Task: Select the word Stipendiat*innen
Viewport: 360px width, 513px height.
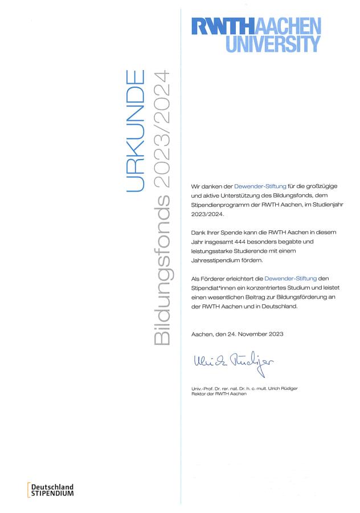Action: tap(215, 288)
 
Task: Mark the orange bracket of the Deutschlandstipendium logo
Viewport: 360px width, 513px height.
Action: tap(28, 490)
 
